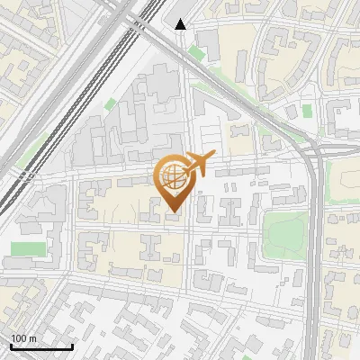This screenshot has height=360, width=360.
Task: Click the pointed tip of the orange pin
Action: tap(174, 213)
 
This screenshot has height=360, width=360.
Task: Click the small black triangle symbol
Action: tap(181, 25)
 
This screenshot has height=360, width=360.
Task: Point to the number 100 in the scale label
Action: tap(19, 338)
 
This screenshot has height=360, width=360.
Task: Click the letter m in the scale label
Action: tap(32, 338)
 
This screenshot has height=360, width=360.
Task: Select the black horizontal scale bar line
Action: tap(41, 346)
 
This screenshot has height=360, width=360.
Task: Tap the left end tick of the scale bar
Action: tap(11, 345)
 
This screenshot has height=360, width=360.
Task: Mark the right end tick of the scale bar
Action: tap(72, 345)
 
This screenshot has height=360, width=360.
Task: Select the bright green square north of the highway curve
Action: tap(307, 111)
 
